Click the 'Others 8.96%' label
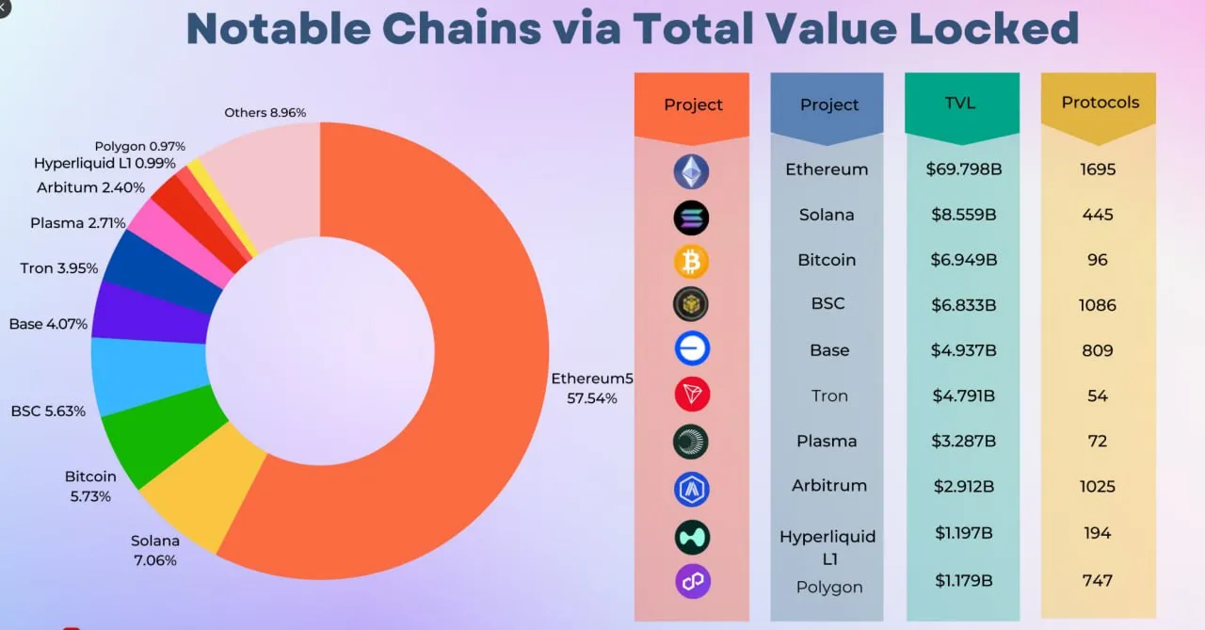click(265, 113)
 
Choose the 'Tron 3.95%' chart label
click(59, 268)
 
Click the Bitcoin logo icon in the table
click(691, 261)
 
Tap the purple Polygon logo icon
click(692, 581)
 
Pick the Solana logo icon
click(691, 218)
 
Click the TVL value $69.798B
click(962, 170)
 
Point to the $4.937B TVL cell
click(962, 350)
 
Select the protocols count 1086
click(1098, 305)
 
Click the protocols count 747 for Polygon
click(1098, 581)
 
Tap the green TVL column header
click(962, 104)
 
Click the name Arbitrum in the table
click(828, 486)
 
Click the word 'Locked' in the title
click(1001, 28)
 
